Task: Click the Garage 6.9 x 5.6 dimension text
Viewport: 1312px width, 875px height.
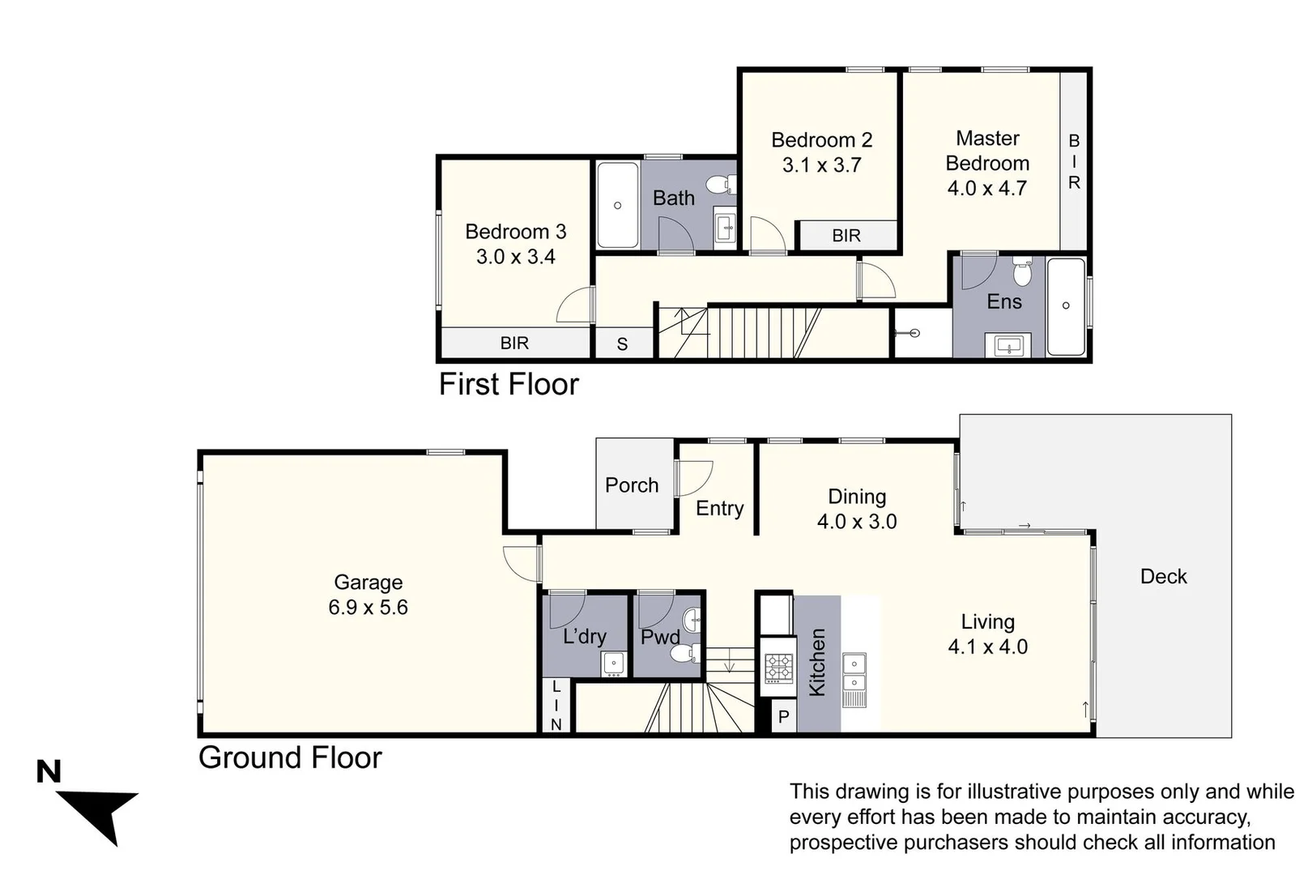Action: tap(368, 608)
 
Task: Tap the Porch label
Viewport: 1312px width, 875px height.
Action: tap(632, 485)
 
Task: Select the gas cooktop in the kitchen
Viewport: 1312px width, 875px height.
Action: tap(778, 668)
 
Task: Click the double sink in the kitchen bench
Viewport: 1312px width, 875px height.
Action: tap(854, 672)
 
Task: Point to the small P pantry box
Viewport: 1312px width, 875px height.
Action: tap(783, 717)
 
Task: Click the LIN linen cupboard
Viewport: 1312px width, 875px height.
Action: tap(556, 706)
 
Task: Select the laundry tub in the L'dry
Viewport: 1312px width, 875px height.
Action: tap(614, 664)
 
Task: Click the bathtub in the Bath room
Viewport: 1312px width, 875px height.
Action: tap(617, 205)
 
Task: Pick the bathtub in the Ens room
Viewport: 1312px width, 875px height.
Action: tap(1066, 305)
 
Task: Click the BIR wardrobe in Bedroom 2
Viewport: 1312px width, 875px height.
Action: tap(846, 236)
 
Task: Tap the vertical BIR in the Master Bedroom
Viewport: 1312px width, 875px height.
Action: tap(1074, 162)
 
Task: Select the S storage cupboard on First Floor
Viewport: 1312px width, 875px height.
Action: tap(622, 344)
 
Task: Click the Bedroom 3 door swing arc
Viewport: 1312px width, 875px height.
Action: tap(574, 306)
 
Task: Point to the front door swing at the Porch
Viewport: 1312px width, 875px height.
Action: tap(694, 477)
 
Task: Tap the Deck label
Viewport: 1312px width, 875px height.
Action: tap(1163, 577)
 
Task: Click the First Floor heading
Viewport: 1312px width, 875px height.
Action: tap(509, 384)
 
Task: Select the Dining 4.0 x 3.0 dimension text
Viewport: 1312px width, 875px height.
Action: tap(857, 522)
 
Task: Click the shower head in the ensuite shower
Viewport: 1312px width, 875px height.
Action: tap(914, 332)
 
